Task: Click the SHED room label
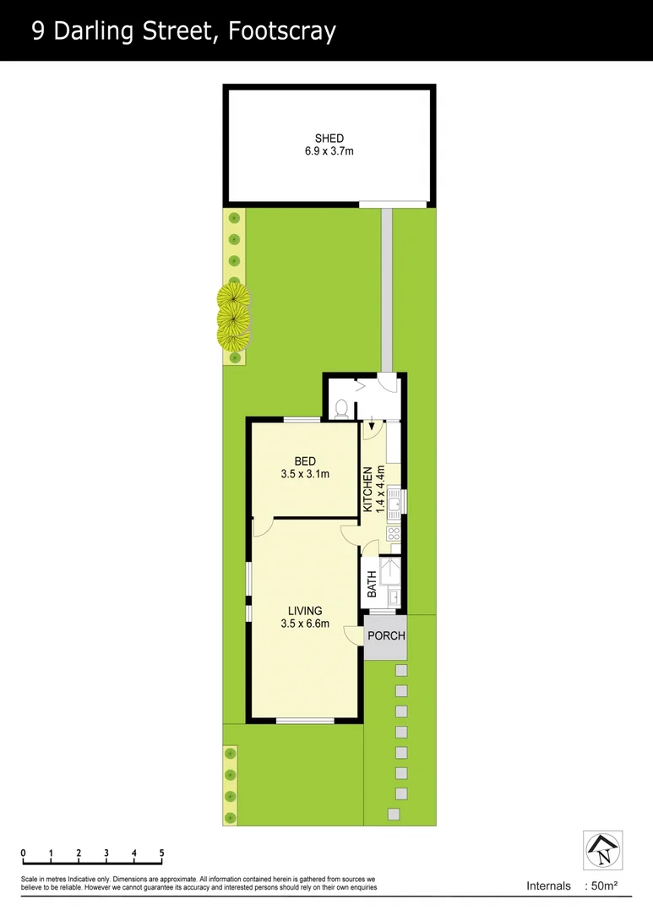329,139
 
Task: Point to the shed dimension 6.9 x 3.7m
329,152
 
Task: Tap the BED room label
305,461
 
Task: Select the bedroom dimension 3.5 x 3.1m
305,474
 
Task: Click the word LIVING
305,611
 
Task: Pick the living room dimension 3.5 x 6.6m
305,624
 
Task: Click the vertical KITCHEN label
368,490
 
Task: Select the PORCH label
386,636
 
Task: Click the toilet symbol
341,409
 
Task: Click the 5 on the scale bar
161,853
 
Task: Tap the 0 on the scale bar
24,853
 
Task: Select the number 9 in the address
39,31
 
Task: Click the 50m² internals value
603,886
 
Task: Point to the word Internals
548,886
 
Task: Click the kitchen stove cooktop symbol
393,533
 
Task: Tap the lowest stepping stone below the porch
393,814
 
